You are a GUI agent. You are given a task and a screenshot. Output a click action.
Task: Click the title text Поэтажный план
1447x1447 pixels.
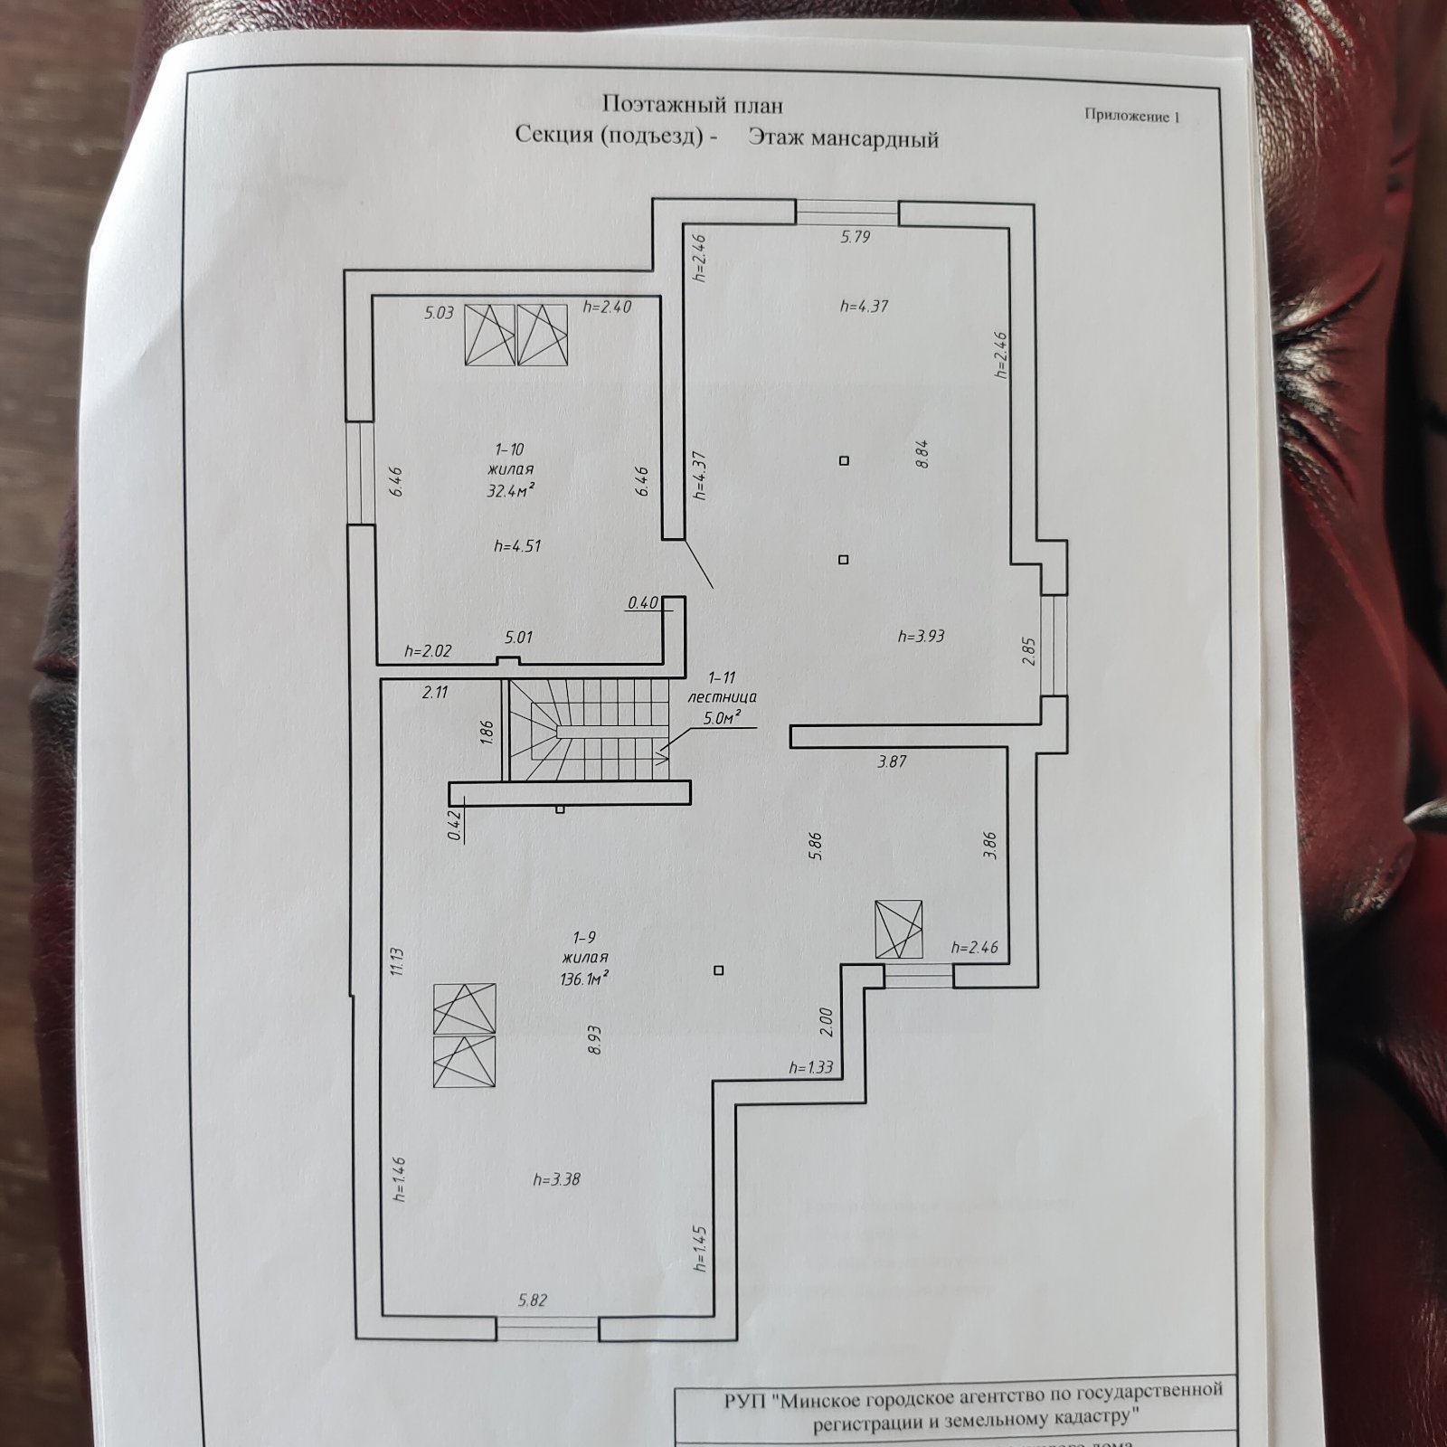pos(692,105)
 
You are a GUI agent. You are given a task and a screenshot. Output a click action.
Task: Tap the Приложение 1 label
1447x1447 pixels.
pos(1132,116)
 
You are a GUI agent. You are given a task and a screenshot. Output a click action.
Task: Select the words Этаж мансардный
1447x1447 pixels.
pos(843,138)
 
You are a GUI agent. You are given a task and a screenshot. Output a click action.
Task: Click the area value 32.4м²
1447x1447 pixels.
pos(510,491)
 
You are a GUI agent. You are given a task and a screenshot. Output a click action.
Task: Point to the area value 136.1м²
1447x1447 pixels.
pos(584,979)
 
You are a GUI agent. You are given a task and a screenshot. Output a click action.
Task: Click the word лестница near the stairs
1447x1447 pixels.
pos(722,697)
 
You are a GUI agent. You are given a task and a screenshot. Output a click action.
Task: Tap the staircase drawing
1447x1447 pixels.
pos(589,731)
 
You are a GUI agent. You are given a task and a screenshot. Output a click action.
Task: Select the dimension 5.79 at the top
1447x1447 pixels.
pos(855,237)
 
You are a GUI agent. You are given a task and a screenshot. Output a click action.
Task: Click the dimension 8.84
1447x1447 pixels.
pos(922,454)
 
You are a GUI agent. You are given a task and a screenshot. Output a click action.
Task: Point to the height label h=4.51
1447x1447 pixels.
pos(517,546)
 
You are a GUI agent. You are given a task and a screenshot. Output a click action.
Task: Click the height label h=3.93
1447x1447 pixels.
pos(921,637)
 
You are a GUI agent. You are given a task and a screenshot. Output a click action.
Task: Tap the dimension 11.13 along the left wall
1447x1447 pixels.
pos(396,961)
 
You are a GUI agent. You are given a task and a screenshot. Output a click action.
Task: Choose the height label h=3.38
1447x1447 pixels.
pos(556,1179)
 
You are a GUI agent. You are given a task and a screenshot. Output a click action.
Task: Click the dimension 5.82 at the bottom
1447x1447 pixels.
pos(533,1300)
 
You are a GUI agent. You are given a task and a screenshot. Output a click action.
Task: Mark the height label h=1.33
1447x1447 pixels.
pos(810,1068)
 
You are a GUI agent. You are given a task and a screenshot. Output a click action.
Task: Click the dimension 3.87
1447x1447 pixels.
pos(892,761)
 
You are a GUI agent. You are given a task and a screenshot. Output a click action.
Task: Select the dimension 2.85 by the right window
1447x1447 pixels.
pos(1027,652)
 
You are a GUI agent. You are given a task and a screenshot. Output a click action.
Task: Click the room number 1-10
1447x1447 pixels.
pos(509,449)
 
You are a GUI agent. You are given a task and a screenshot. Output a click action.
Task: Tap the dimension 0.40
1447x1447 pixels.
pos(642,603)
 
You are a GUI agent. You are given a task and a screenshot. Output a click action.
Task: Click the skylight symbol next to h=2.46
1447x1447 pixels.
pos(899,929)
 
